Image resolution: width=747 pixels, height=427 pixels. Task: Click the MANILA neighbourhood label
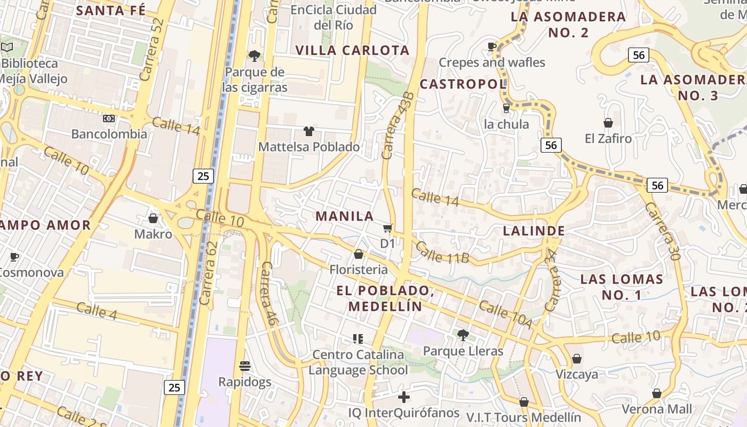coord(344,216)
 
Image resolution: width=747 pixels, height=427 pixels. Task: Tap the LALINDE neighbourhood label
coord(534,231)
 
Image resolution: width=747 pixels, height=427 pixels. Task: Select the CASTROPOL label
coord(463,84)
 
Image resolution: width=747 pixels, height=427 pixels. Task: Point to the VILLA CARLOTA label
coord(352,50)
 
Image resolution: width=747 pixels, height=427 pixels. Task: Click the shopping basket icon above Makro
coord(153,218)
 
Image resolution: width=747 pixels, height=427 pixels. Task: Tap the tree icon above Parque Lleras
coord(463,335)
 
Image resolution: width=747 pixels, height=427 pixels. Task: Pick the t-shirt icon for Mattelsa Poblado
coord(308,131)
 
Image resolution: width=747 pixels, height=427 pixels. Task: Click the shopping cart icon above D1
coord(388,228)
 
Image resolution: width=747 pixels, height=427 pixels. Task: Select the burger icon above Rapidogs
coord(245,366)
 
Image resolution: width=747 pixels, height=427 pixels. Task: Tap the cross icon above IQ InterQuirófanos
coord(404,397)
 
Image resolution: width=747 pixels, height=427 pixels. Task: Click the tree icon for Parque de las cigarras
coord(255,56)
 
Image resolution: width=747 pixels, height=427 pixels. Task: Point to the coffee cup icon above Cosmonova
coord(14,257)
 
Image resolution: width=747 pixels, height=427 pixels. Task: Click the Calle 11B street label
coord(442,252)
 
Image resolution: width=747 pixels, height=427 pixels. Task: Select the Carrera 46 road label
coord(268,293)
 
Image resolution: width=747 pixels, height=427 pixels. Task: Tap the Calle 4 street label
coord(96,311)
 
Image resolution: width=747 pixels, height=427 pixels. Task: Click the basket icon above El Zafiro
coord(608,123)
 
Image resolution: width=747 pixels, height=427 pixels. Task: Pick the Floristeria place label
coord(358,270)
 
